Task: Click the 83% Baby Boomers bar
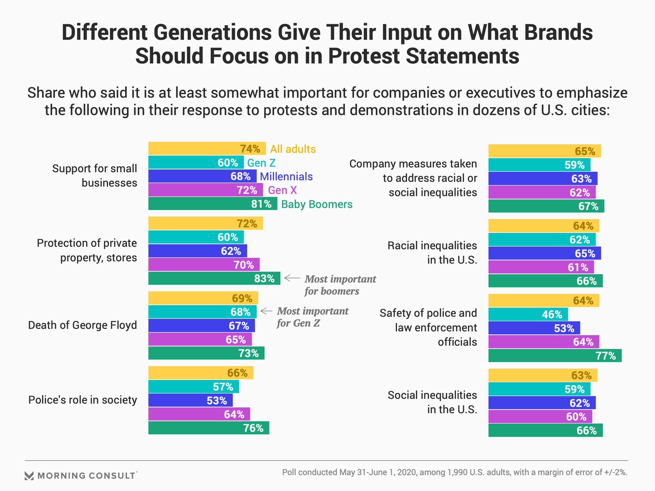[x=214, y=278]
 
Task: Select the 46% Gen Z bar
[x=528, y=314]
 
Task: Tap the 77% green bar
[x=555, y=356]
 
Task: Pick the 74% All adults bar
[x=207, y=149]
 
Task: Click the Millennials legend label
[x=286, y=177]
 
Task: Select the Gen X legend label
[x=282, y=190]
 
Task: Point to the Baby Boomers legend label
[x=317, y=204]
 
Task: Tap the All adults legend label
[x=293, y=149]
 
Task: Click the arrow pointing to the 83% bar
[x=292, y=278]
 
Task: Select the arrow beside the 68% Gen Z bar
[x=266, y=311]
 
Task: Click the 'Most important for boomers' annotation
[x=340, y=285]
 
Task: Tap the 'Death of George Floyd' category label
[x=83, y=325]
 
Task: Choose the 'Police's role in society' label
[x=83, y=400]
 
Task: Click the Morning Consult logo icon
[x=29, y=476]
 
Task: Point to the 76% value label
[x=253, y=428]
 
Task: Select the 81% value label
[x=261, y=204]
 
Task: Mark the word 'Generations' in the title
[x=213, y=33]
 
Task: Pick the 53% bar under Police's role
[x=190, y=400]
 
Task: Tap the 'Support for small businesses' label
[x=94, y=176]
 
